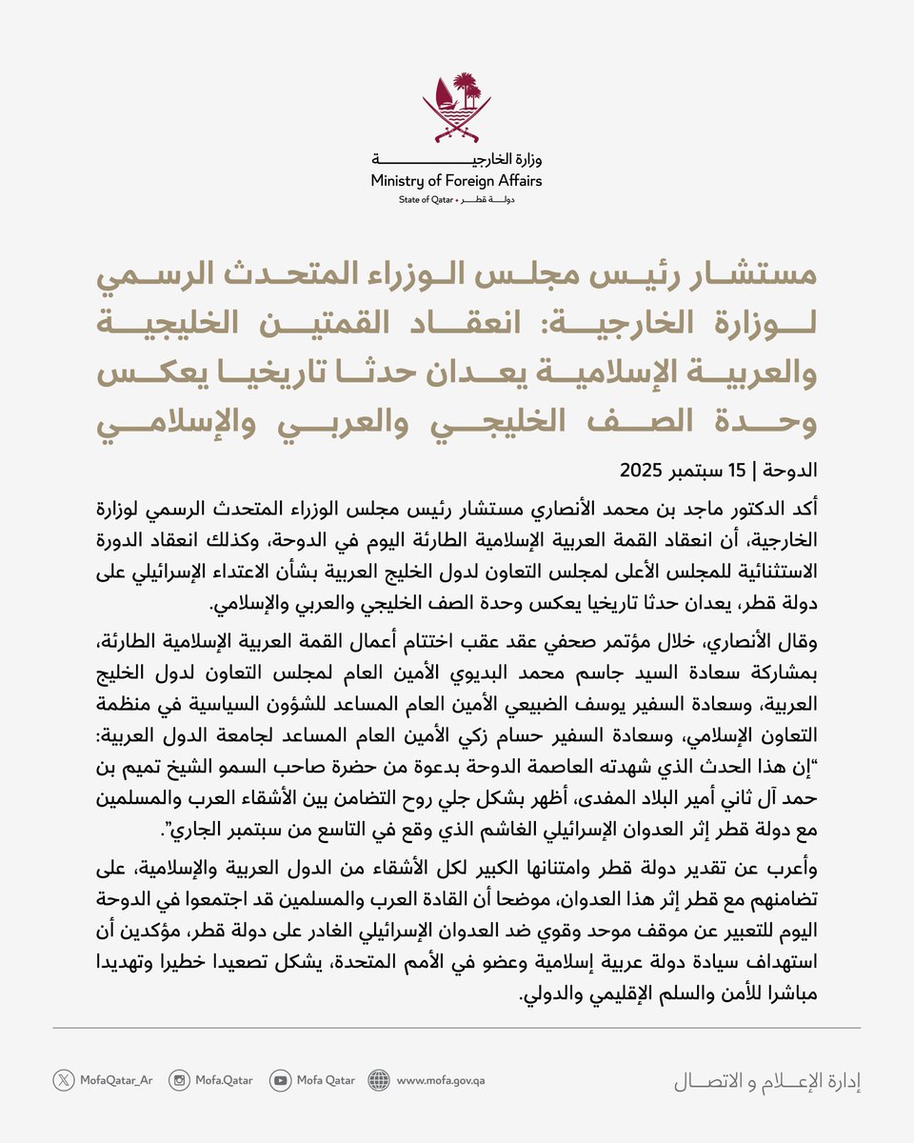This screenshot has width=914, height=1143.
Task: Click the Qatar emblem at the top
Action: pyautogui.click(x=457, y=106)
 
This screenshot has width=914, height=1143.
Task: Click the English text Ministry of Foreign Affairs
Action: pyautogui.click(x=457, y=180)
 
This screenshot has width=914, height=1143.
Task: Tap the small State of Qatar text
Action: pyautogui.click(x=426, y=201)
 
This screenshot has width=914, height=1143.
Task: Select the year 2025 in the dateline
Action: pyautogui.click(x=645, y=470)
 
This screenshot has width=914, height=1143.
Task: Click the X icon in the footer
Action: pyautogui.click(x=64, y=1080)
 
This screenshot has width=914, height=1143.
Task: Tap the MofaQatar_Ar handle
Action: pyautogui.click(x=117, y=1080)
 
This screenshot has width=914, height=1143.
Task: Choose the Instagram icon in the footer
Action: pyautogui.click(x=179, y=1080)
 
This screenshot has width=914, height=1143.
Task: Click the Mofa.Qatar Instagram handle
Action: pyautogui.click(x=224, y=1080)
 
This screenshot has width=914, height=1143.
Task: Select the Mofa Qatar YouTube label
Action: pyautogui.click(x=326, y=1080)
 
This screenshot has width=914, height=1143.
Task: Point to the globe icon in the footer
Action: pyautogui.click(x=379, y=1080)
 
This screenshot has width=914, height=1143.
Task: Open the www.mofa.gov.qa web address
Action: pyautogui.click(x=441, y=1080)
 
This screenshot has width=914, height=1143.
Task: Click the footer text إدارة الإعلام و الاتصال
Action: pyautogui.click(x=766, y=1081)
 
